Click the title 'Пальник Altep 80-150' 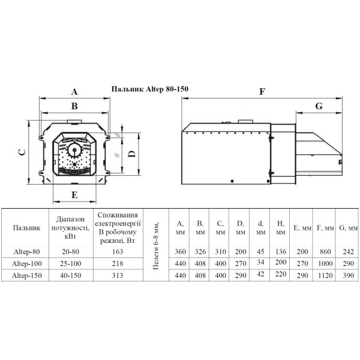tap(149, 89)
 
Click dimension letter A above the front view tap(74, 92)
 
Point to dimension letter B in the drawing tap(74, 106)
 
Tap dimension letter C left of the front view tap(22, 152)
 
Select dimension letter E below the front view tap(74, 195)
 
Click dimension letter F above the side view tap(262, 92)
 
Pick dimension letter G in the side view tap(319, 106)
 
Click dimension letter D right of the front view tap(131, 154)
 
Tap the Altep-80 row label tap(26, 251)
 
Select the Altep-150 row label tap(26, 275)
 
